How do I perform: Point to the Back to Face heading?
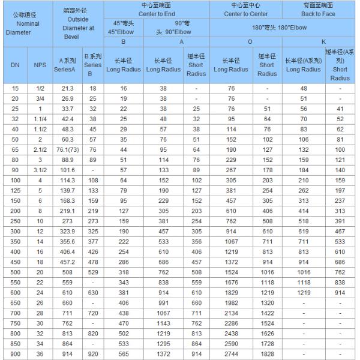pos(319,8)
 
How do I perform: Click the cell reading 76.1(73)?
pos(67,149)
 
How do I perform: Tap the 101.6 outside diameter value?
pos(67,170)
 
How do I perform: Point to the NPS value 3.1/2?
pos(40,170)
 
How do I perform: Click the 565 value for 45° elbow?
pos(124,355)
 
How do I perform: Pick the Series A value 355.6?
pos(67,242)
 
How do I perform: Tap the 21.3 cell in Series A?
pos(67,88)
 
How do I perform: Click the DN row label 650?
pos(16,303)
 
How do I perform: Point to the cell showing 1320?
pos(267,303)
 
